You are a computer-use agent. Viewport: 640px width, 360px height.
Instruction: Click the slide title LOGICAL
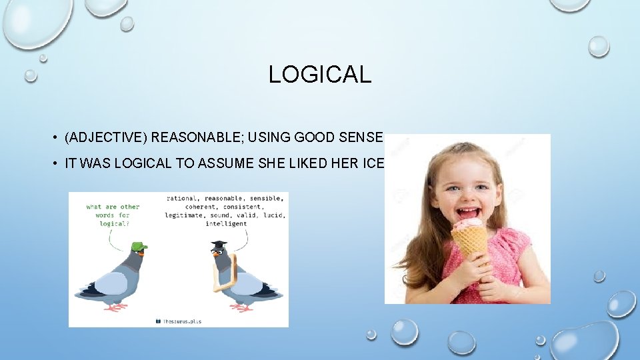pos(319,75)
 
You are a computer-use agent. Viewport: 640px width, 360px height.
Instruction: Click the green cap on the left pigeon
pos(139,247)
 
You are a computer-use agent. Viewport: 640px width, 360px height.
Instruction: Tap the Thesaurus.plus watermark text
pos(182,321)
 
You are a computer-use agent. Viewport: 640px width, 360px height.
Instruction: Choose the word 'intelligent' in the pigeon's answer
pos(227,224)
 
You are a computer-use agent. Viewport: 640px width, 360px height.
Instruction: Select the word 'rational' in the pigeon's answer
pos(182,198)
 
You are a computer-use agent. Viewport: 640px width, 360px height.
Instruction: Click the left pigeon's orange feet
pos(117,307)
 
